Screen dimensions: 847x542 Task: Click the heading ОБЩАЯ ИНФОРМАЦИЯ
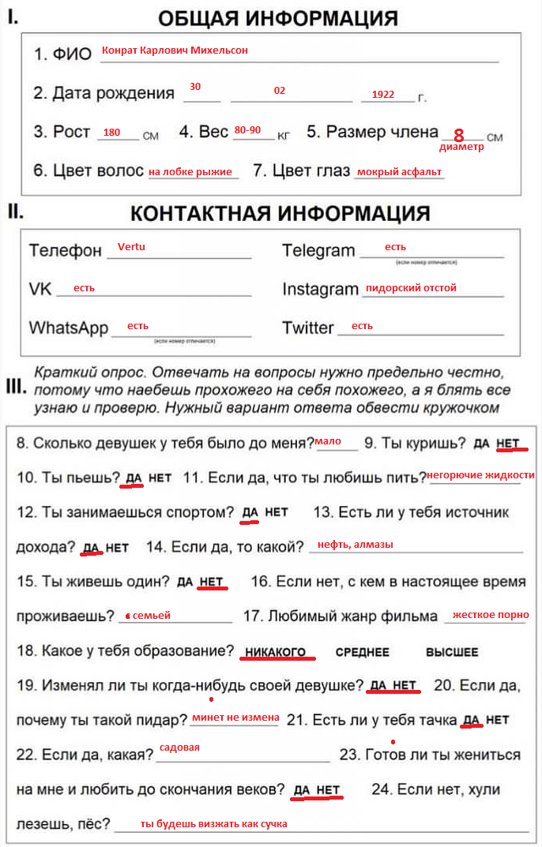point(277,18)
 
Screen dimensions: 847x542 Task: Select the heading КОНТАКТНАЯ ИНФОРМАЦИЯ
point(280,213)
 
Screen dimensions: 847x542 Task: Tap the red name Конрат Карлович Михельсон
point(175,51)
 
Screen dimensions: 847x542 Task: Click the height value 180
point(111,133)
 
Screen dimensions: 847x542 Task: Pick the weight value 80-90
point(247,130)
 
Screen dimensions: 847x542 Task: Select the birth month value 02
point(280,91)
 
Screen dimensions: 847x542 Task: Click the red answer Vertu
point(131,246)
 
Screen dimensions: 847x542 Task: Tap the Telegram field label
point(318,251)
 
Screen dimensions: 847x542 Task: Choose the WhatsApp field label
point(69,328)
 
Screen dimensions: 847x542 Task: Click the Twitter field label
point(308,328)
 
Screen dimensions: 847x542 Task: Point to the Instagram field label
point(320,289)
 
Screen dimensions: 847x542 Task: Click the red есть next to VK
point(84,288)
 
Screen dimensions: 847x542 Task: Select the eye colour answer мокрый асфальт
point(399,172)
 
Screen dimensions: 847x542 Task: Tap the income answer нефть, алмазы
point(355,545)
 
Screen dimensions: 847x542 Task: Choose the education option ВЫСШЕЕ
point(452,653)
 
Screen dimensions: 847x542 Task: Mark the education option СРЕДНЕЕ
point(362,653)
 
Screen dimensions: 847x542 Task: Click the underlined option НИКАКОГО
point(275,653)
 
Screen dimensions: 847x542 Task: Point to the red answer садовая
point(179,747)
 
